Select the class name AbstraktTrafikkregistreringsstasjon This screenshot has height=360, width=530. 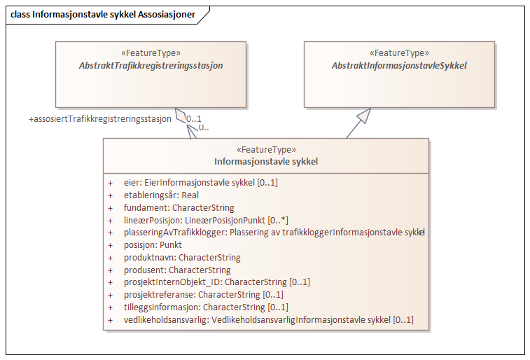coord(151,65)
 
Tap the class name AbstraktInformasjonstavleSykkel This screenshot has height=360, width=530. coord(399,65)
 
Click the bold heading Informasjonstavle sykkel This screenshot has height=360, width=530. coord(266,161)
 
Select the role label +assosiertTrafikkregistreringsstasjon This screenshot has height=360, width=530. coord(100,119)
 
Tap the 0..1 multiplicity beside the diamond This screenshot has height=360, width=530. coord(194,118)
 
